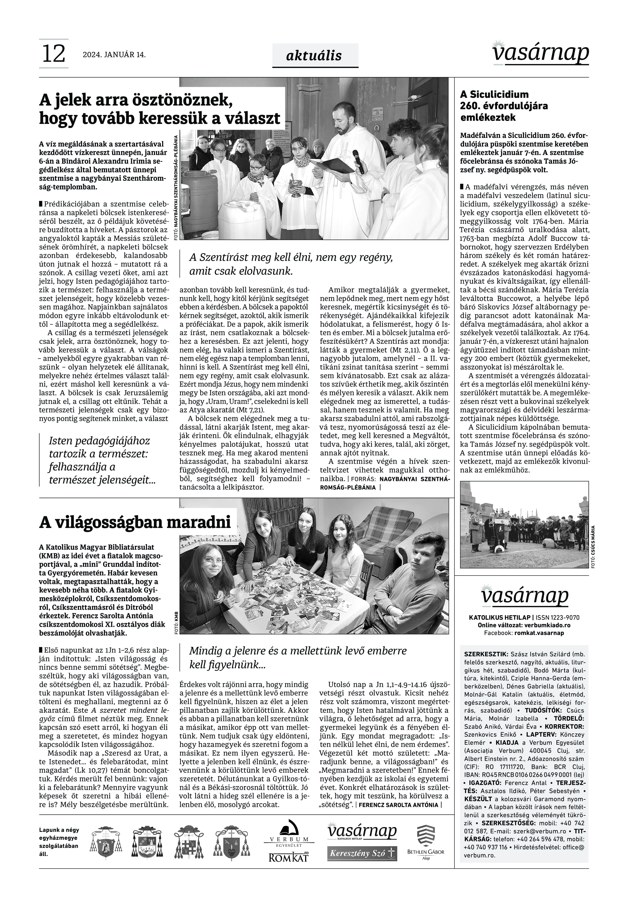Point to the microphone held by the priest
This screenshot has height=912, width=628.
pyautogui.click(x=359, y=161)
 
